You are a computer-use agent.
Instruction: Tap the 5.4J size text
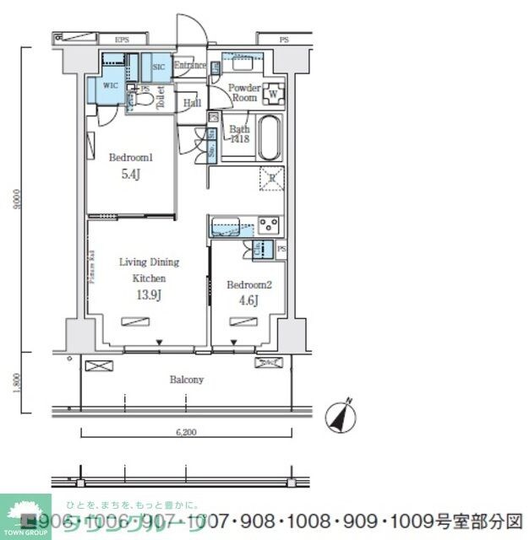tap(131, 175)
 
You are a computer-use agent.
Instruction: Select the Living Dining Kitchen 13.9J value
tap(148, 294)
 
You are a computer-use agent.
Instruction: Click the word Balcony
tap(186, 380)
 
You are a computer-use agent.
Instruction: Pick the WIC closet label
tap(111, 86)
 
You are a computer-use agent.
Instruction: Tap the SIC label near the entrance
tap(159, 67)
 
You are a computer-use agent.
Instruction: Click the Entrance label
tap(190, 65)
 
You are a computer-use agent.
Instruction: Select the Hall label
tap(192, 103)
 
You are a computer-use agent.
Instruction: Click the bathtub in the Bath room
tap(268, 138)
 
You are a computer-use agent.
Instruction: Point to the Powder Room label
tap(243, 92)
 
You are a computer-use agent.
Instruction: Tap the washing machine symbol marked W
tap(275, 93)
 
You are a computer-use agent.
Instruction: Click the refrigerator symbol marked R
tap(271, 176)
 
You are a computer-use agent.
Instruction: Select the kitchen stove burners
tap(269, 225)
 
